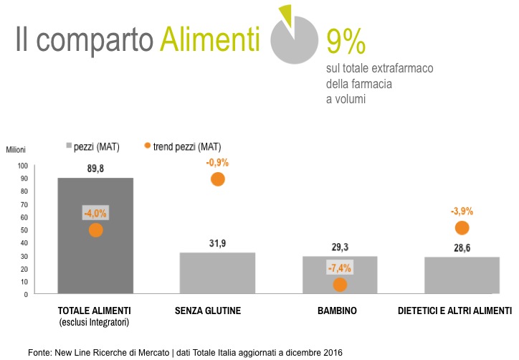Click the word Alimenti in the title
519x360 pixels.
[x=209, y=40]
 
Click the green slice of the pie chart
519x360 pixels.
[x=285, y=14]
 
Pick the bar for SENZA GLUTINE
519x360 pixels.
[x=217, y=273]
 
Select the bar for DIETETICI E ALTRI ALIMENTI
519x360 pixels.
[x=462, y=275]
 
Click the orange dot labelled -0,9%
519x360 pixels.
[x=218, y=179]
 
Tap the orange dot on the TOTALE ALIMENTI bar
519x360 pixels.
[x=95, y=230]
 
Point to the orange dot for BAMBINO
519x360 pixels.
[x=340, y=285]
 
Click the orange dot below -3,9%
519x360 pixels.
[x=462, y=228]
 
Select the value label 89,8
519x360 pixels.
[x=95, y=169]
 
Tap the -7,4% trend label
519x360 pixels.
[x=340, y=268]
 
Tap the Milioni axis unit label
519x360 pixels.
[x=16, y=150]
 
